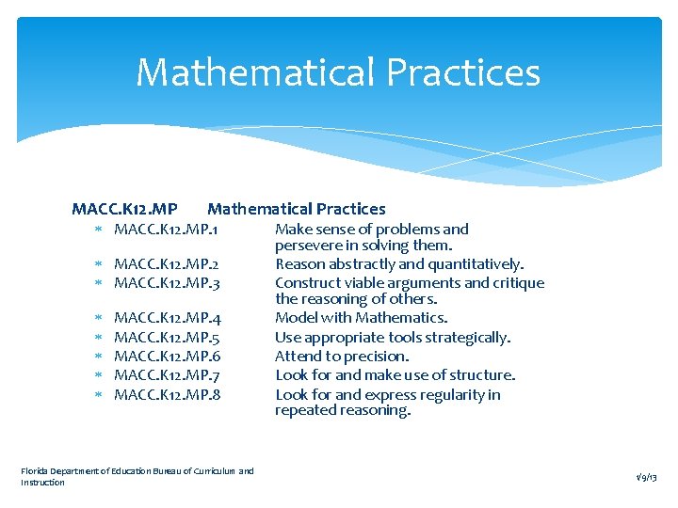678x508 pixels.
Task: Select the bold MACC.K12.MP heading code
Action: pos(124,209)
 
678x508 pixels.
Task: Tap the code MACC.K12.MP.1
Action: pos(167,230)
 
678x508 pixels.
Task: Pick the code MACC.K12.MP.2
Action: pos(167,264)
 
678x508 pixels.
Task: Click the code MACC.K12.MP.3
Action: pos(167,282)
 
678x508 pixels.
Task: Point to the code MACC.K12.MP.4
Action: pos(167,319)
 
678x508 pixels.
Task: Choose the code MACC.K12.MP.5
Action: pos(167,338)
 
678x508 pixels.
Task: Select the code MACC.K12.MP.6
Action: pos(167,357)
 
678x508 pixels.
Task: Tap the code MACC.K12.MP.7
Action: pos(167,375)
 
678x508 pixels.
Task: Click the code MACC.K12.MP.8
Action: pos(167,394)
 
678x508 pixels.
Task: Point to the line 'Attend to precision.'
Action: pos(342,357)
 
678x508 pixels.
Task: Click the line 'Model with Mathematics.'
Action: pos(361,318)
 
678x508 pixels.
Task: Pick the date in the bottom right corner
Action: pos(647,477)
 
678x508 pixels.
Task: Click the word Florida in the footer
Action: pos(35,470)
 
